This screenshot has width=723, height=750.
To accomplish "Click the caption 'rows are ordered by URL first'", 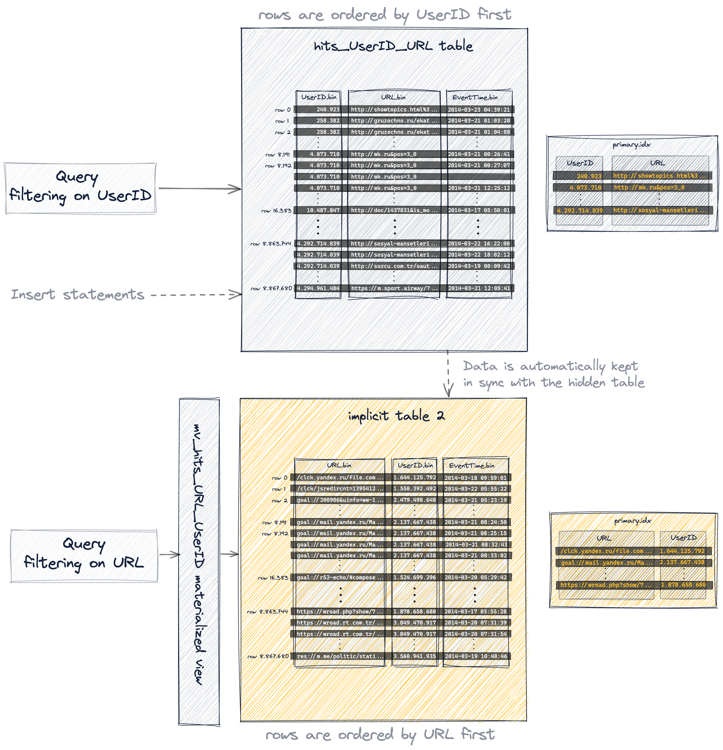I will (x=380, y=735).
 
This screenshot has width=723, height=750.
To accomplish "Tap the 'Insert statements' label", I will (x=78, y=295).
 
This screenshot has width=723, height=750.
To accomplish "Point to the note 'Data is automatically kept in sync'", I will (x=553, y=374).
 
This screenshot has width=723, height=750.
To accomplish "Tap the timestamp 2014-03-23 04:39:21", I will (x=479, y=110).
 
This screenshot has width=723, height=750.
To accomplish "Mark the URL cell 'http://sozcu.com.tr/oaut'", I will (x=394, y=266).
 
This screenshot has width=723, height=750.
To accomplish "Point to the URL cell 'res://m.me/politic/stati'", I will (x=340, y=656).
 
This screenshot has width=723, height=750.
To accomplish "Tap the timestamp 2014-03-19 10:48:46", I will (x=475, y=656).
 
